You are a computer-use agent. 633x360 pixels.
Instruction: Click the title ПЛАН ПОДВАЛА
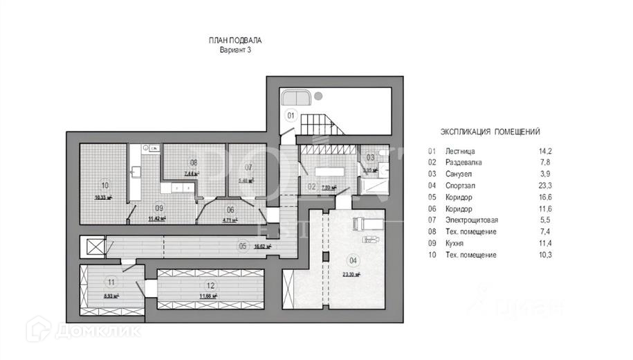pos(235,41)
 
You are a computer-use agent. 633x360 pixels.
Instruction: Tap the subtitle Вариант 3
pos(235,51)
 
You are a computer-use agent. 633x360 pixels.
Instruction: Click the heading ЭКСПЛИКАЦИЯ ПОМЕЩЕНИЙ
pos(490,131)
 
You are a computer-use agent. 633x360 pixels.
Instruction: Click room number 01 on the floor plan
pos(291,115)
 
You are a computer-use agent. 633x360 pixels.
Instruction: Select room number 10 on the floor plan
pos(105,185)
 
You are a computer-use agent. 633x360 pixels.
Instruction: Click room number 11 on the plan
pos(111,282)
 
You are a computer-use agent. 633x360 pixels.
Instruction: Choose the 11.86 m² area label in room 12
pos(208,296)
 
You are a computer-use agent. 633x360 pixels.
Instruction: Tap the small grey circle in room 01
pos(318,96)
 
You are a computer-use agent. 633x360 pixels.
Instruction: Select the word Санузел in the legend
pos(457,174)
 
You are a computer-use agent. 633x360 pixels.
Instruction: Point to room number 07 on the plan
pos(248,167)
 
